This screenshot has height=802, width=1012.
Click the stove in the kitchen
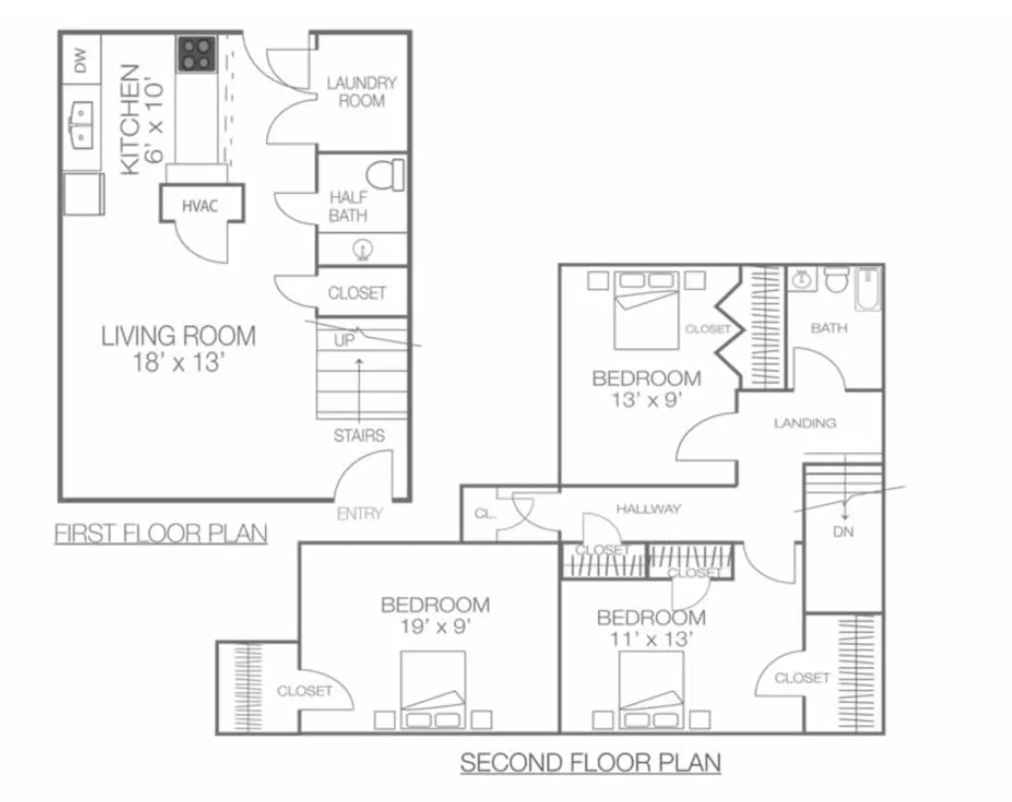click(197, 54)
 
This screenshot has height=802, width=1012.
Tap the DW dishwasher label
click(80, 60)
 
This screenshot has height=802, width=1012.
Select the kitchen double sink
click(82, 126)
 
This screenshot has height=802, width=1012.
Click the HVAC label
click(201, 206)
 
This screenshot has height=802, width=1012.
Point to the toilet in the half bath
click(385, 175)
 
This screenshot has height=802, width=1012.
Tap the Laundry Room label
click(362, 92)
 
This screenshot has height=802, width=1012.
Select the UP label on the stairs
click(344, 340)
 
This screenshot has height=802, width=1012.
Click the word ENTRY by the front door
click(360, 513)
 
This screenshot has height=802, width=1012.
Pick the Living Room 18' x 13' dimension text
click(178, 363)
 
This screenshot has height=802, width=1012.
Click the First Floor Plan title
click(161, 533)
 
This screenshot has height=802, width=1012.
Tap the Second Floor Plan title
click(591, 763)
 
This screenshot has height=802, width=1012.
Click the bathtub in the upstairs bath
click(868, 289)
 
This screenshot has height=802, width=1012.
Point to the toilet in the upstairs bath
click(837, 279)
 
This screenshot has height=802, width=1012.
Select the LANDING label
click(805, 423)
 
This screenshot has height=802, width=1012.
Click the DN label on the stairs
click(843, 532)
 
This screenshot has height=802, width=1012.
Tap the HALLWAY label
click(648, 509)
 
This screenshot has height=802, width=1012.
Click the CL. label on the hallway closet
click(485, 514)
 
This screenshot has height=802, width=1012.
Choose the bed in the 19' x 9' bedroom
click(433, 690)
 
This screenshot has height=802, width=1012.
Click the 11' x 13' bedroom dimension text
click(652, 639)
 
